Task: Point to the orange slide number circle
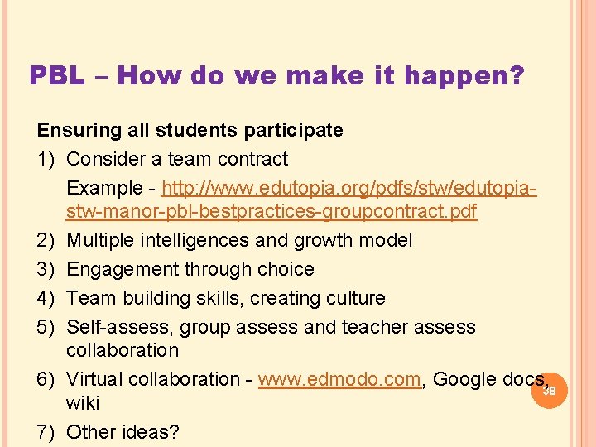click(549, 390)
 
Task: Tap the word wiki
click(83, 403)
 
